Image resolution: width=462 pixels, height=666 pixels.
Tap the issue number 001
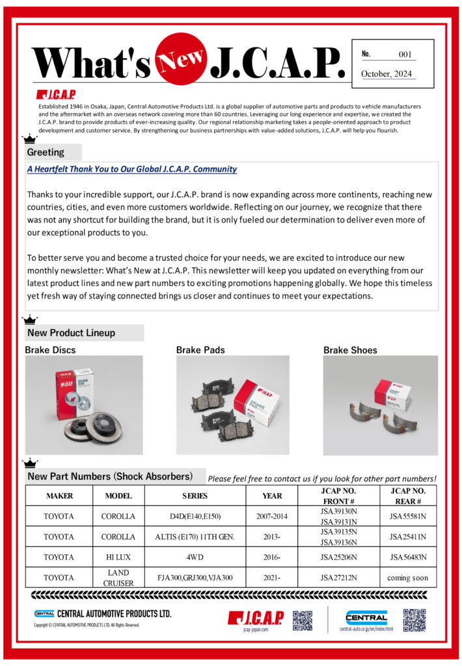pyautogui.click(x=405, y=55)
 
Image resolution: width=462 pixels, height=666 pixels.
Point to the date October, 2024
pyautogui.click(x=387, y=73)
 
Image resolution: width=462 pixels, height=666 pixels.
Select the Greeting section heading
pyautogui.click(x=46, y=152)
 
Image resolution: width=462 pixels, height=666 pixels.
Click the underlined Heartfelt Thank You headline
pyautogui.click(x=132, y=169)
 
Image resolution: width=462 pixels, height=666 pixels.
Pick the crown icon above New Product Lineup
pyautogui.click(x=30, y=319)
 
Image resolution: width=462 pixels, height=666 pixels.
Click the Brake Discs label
pyautogui.click(x=50, y=350)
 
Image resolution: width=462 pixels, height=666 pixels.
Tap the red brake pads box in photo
pyautogui.click(x=257, y=397)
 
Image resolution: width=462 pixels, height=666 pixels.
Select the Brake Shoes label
pyautogui.click(x=350, y=350)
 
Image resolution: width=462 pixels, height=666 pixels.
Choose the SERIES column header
pyautogui.click(x=195, y=496)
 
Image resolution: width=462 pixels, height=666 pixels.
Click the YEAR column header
pyautogui.click(x=272, y=496)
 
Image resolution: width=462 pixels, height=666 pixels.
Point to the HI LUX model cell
pyautogui.click(x=118, y=557)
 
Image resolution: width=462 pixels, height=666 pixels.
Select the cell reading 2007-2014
pyautogui.click(x=272, y=516)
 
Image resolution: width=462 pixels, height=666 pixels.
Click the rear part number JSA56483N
pyautogui.click(x=408, y=557)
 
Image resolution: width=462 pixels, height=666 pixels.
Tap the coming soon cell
pyautogui.click(x=408, y=578)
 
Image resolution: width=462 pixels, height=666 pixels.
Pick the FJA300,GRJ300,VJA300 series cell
pyautogui.click(x=195, y=578)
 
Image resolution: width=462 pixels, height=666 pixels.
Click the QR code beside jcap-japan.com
pyautogui.click(x=303, y=620)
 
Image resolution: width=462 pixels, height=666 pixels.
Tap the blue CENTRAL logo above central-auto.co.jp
pyautogui.click(x=366, y=617)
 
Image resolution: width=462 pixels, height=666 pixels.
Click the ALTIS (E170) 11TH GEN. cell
pyautogui.click(x=195, y=537)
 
